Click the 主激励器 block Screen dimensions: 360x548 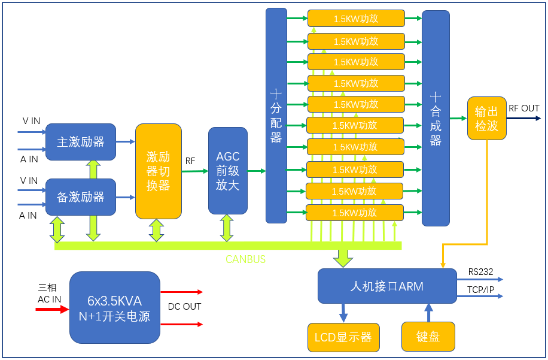pyautogui.click(x=81, y=142)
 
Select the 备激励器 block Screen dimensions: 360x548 pyautogui.click(x=81, y=197)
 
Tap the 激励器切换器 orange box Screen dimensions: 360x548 pyautogui.click(x=159, y=171)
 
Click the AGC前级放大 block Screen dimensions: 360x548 pyautogui.click(x=227, y=171)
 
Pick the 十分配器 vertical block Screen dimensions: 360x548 pyautogui.click(x=276, y=116)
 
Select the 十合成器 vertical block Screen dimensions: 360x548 pyautogui.click(x=436, y=119)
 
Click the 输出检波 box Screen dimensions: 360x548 pyautogui.click(x=486, y=119)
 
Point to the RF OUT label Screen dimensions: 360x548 pyautogui.click(x=523, y=108)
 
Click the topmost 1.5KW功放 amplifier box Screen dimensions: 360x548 pyautogui.click(x=356, y=19)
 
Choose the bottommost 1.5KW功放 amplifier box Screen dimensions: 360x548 pyautogui.click(x=355, y=213)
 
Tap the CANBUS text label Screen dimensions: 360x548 pyautogui.click(x=245, y=259)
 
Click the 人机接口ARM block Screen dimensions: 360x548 pyautogui.click(x=386, y=286)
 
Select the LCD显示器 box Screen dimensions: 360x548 pyautogui.click(x=343, y=337)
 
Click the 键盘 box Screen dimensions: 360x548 pyautogui.click(x=428, y=337)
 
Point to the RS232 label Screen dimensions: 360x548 pyautogui.click(x=480, y=272)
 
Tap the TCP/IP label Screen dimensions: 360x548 pyautogui.click(x=480, y=290)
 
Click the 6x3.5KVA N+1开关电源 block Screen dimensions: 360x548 pyautogui.click(x=115, y=308)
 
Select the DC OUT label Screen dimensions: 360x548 pyautogui.click(x=184, y=307)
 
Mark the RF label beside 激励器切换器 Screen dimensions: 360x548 pyautogui.click(x=190, y=161)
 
